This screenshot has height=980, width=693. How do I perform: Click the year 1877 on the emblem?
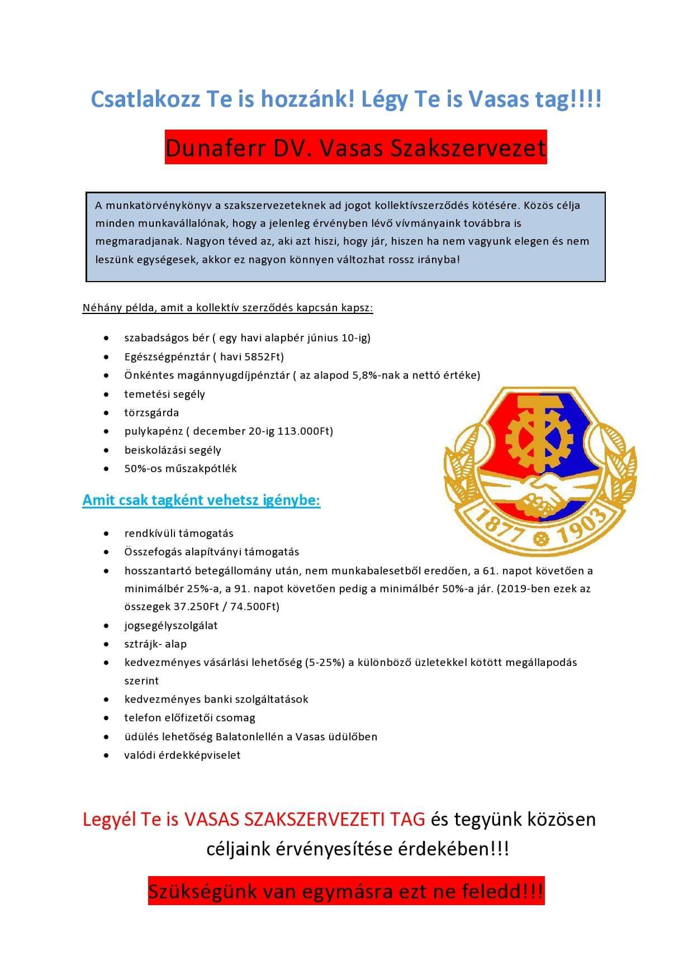pos(493,522)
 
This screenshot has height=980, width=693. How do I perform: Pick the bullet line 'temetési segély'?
pos(164,394)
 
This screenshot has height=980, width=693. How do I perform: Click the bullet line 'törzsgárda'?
pos(151,412)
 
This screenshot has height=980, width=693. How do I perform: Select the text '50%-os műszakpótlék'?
pos(181,468)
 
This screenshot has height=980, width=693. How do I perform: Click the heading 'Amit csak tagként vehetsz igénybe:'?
pos(201,499)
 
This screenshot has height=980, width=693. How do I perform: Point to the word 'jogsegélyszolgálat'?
pos(171,625)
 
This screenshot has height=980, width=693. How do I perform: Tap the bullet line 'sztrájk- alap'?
pos(155,644)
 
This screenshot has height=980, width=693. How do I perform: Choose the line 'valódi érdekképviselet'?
pos(182,755)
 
